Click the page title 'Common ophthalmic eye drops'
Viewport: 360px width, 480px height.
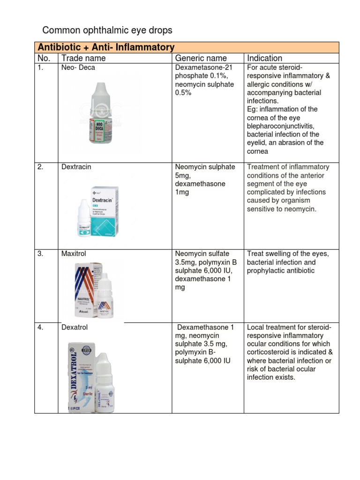tap(107, 30)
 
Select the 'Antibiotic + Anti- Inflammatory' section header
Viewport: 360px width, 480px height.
tap(106, 47)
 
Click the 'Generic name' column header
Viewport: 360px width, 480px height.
tap(201, 58)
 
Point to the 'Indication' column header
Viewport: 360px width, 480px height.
tap(264, 58)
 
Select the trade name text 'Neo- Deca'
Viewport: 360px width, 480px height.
tap(78, 67)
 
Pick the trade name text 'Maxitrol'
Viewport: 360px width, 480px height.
tap(74, 254)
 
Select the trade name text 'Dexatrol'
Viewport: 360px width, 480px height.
tap(75, 328)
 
